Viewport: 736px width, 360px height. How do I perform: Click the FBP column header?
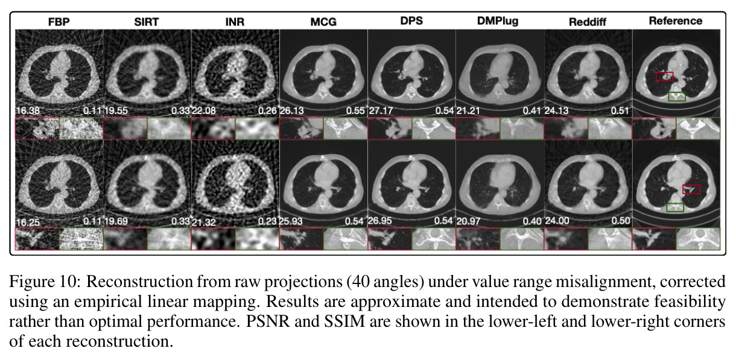pyautogui.click(x=59, y=22)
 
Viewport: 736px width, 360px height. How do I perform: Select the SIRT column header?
pyautogui.click(x=147, y=22)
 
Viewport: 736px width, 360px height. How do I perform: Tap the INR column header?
pyautogui.click(x=235, y=22)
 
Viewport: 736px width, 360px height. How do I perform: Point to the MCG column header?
pyautogui.click(x=323, y=22)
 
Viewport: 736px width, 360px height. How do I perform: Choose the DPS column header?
pyautogui.click(x=411, y=21)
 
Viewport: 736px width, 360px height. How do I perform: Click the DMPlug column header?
pyautogui.click(x=498, y=21)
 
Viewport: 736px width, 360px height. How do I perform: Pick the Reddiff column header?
pyautogui.click(x=588, y=22)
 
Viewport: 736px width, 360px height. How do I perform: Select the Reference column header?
pyautogui.click(x=676, y=21)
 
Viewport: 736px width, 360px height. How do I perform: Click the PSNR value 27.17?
pyautogui.click(x=381, y=110)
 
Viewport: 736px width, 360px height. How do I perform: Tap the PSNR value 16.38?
pyautogui.click(x=28, y=110)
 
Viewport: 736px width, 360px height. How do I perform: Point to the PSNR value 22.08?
pyautogui.click(x=204, y=110)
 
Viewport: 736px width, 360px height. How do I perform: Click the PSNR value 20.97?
pyautogui.click(x=469, y=221)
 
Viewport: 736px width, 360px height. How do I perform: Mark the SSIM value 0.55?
pyautogui.click(x=355, y=111)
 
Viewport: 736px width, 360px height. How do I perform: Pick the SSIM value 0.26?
pyautogui.click(x=267, y=111)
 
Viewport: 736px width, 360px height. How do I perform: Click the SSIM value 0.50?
pyautogui.click(x=621, y=221)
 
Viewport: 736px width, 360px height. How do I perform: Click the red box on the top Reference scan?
pyautogui.click(x=665, y=72)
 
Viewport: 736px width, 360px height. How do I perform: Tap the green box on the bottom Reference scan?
pyautogui.click(x=675, y=204)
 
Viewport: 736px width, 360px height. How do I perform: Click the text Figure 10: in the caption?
pyautogui.click(x=45, y=282)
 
